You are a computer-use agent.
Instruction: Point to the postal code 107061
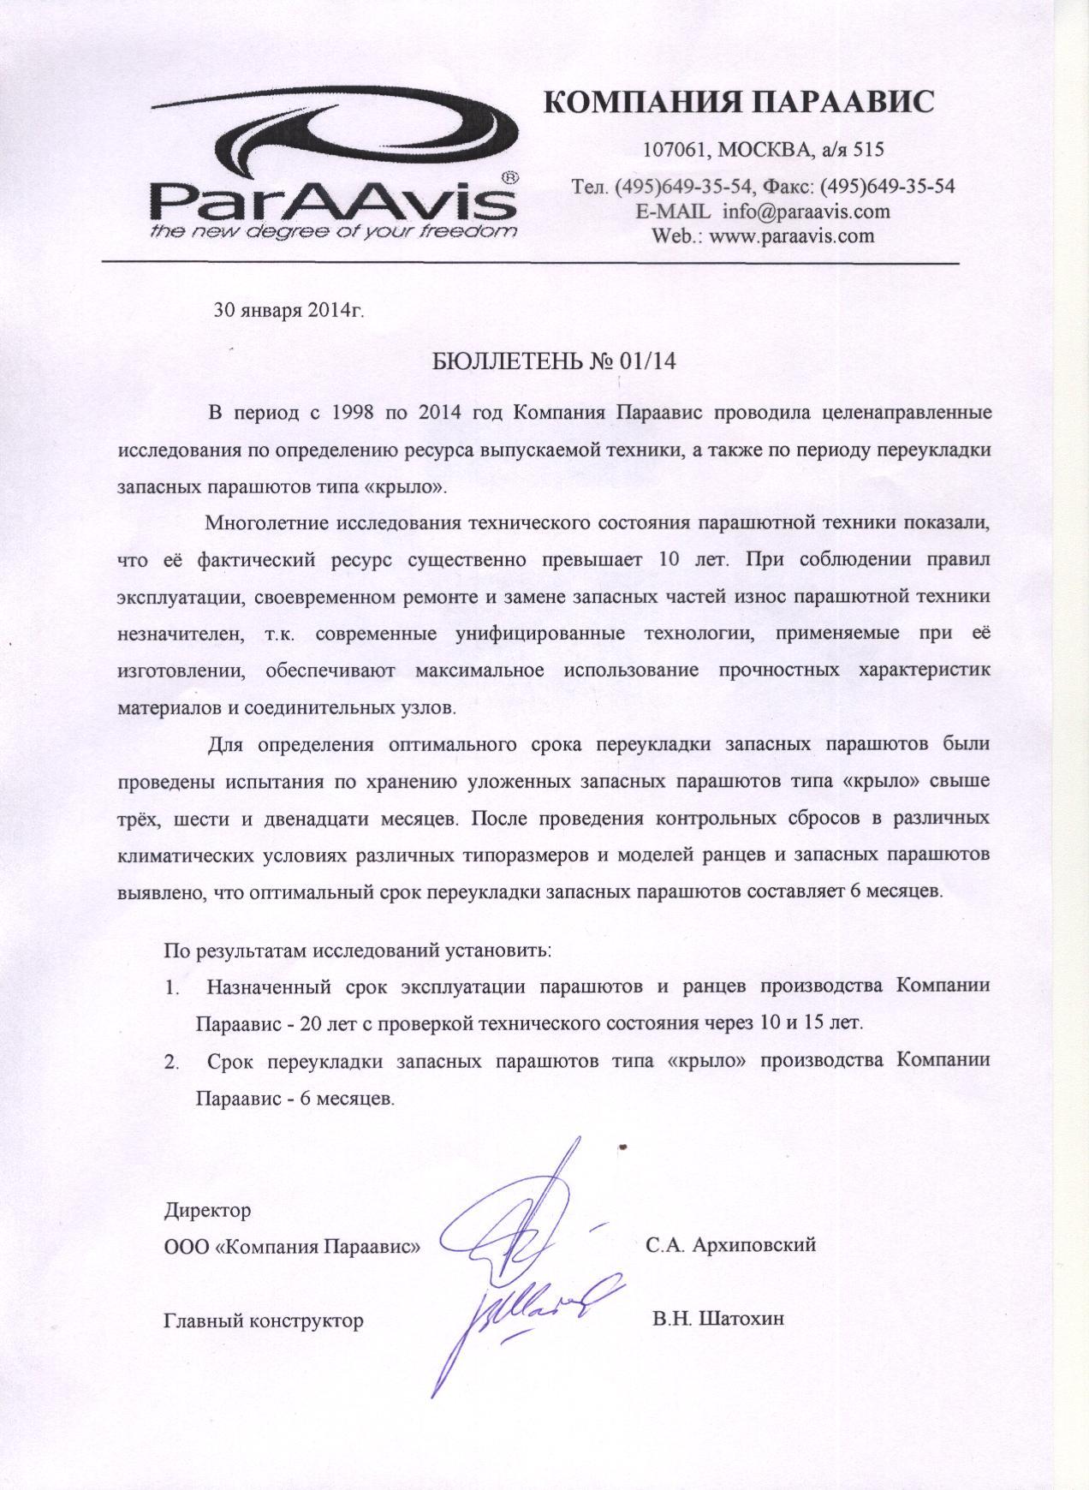pyautogui.click(x=675, y=150)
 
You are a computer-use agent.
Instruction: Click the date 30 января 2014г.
pyautogui.click(x=289, y=309)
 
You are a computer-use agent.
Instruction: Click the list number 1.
pyautogui.click(x=171, y=987)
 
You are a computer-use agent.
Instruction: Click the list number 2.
pyautogui.click(x=171, y=1062)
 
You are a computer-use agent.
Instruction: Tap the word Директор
pyautogui.click(x=207, y=1211)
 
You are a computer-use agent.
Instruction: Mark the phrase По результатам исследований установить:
pyautogui.click(x=358, y=950)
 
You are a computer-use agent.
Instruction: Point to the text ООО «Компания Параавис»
pyautogui.click(x=292, y=1245)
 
